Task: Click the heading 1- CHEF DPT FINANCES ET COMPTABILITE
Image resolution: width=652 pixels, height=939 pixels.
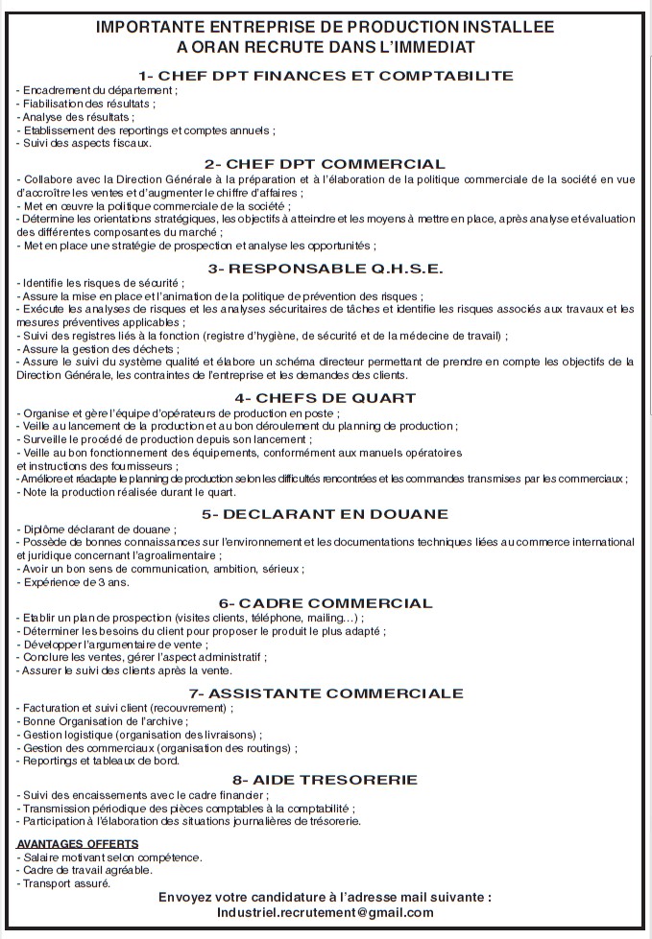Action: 326,76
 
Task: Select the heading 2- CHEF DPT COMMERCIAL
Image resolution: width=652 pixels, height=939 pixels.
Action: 326,164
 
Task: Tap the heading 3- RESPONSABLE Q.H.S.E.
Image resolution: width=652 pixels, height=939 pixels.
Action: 326,268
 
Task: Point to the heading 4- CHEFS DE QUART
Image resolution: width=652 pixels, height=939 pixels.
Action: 326,398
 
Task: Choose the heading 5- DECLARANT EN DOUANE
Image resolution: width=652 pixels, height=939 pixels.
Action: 326,514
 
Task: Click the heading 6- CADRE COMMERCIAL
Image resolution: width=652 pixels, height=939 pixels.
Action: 326,603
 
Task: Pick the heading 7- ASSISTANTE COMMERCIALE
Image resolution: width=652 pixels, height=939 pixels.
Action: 326,693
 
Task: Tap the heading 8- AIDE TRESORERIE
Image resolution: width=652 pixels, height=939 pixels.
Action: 326,780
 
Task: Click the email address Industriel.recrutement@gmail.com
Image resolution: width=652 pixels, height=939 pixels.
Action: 326,913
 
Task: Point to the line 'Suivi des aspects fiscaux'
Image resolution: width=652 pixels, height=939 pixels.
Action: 85,143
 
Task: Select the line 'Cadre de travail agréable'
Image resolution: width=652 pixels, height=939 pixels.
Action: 87,870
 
